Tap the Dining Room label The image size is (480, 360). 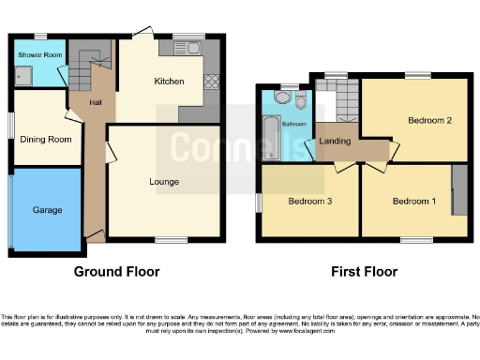[x=46, y=140]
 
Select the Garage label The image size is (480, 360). [x=48, y=211]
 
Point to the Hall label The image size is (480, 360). [x=95, y=103]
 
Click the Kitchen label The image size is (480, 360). [x=169, y=82]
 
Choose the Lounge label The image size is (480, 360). [x=164, y=180]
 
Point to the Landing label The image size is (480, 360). [x=336, y=142]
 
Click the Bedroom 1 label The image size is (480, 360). [x=413, y=202]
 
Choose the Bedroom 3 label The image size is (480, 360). [x=310, y=202]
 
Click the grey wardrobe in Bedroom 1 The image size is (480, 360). [x=459, y=189]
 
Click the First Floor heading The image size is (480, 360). [x=364, y=272]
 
